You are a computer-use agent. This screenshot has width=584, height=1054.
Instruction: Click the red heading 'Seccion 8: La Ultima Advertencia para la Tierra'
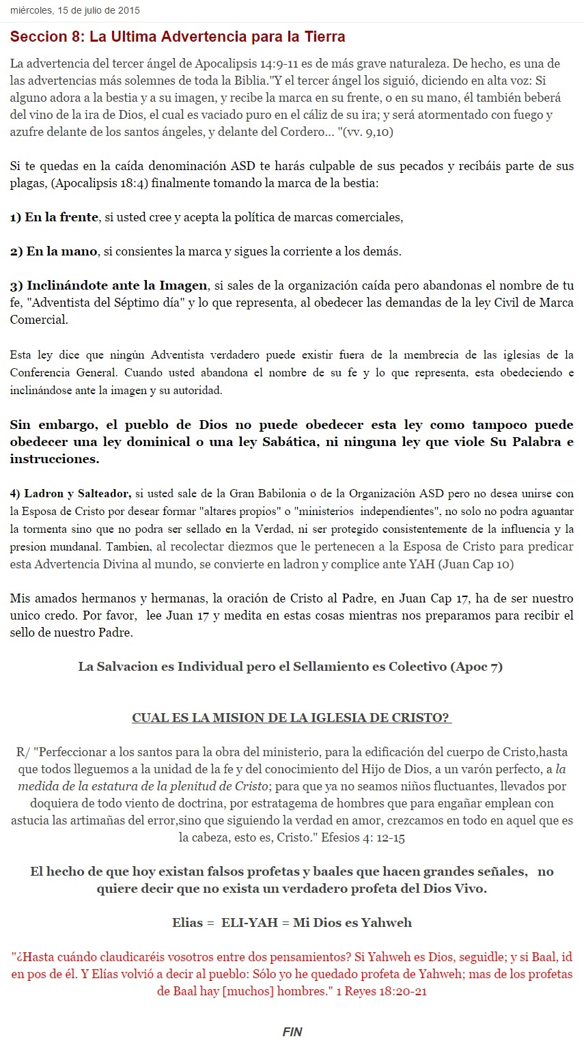[x=178, y=37]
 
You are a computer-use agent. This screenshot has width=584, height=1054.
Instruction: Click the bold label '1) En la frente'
[x=54, y=217]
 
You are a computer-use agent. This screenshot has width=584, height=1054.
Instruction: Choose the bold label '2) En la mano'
[x=53, y=251]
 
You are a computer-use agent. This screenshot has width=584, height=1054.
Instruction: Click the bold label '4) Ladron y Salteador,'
[x=70, y=494]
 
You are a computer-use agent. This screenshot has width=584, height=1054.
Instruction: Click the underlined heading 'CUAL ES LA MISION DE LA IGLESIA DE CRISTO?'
[x=292, y=718]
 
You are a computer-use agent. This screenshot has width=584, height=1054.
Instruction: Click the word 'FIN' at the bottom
[x=292, y=1032]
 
